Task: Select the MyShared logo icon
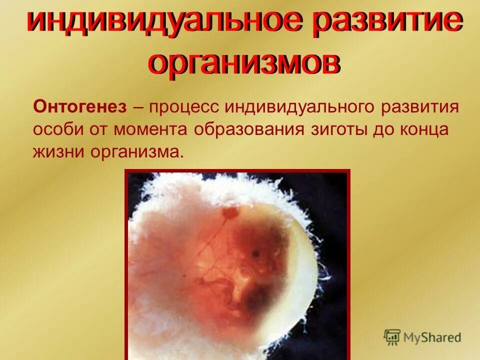[392, 336]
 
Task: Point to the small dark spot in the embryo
[255, 253]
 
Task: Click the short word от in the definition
[99, 129]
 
